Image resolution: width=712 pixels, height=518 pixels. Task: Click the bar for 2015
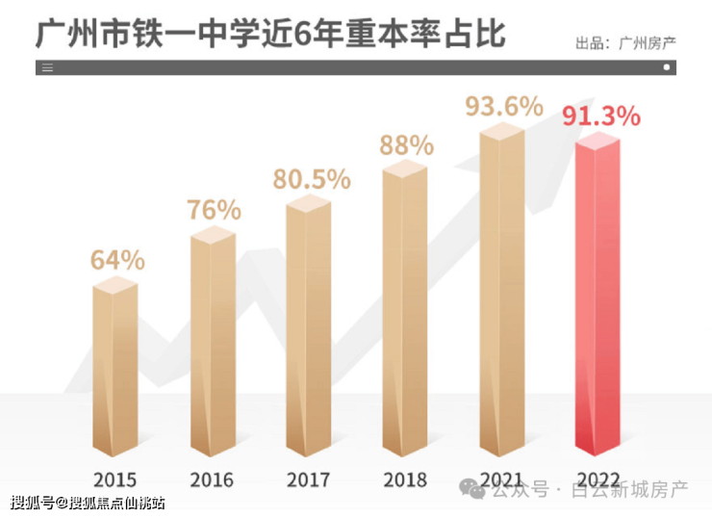[115, 371]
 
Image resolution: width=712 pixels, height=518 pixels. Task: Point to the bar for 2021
[501, 294]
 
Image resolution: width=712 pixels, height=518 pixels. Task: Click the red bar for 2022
[598, 298]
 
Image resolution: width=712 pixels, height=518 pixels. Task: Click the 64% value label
[117, 259]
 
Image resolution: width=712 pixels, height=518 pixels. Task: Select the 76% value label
[214, 209]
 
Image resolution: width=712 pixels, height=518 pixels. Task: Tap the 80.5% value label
[311, 179]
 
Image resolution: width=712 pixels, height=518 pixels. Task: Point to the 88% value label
[406, 145]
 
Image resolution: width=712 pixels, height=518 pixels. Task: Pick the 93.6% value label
[504, 106]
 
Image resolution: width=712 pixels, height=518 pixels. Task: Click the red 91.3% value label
[601, 117]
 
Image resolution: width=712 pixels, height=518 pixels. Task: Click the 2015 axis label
[115, 479]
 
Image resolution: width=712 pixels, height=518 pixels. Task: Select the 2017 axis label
[309, 479]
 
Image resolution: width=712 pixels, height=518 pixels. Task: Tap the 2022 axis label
[598, 479]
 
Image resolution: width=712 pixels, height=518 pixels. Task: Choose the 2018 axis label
[405, 479]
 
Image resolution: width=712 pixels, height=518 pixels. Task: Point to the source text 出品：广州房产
[624, 42]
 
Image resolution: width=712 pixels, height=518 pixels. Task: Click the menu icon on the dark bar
[48, 68]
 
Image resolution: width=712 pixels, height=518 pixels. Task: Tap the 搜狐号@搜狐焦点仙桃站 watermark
[88, 503]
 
